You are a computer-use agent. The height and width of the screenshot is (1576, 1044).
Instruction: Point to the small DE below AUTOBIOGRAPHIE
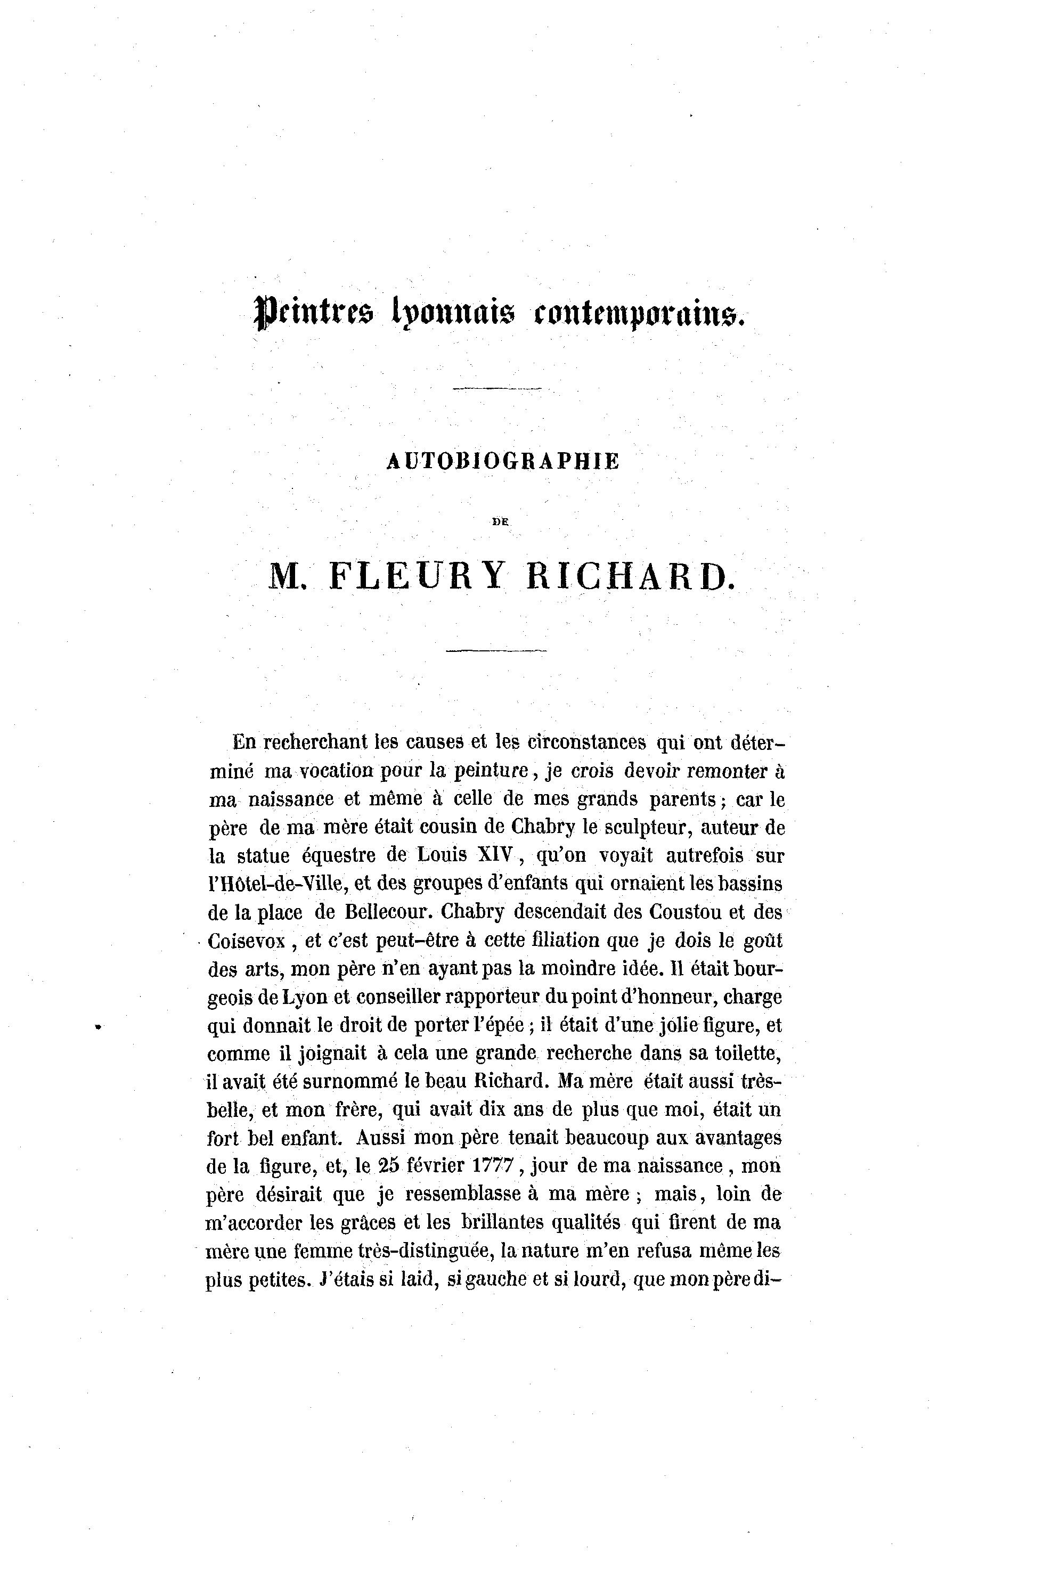[x=500, y=522]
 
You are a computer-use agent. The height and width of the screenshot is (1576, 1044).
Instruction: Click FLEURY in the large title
[x=417, y=576]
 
